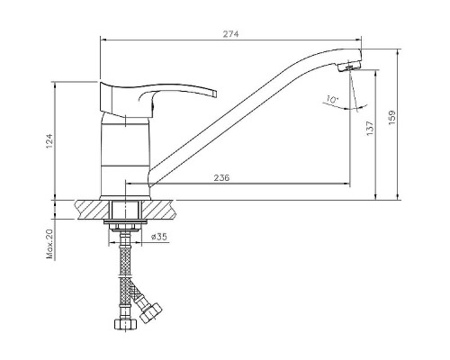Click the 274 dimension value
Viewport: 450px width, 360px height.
tap(230, 34)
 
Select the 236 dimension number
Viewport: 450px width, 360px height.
tap(221, 178)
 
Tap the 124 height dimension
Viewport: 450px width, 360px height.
tap(49, 140)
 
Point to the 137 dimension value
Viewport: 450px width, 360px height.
tap(371, 128)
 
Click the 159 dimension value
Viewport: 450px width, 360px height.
tap(392, 118)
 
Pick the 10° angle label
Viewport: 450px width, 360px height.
tap(332, 99)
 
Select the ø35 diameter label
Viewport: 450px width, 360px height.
tap(159, 237)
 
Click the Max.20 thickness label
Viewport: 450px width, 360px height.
tap(49, 244)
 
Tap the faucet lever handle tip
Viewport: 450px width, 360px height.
tap(214, 94)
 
